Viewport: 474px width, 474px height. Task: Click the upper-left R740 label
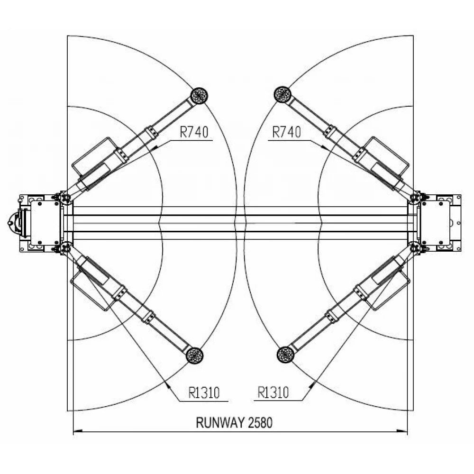[x=194, y=132]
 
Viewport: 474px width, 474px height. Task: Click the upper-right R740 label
[x=287, y=132]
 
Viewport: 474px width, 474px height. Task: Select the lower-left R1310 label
[x=204, y=393]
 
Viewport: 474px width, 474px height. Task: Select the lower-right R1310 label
[x=273, y=392]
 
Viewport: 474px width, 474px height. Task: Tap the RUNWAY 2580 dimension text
[x=234, y=423]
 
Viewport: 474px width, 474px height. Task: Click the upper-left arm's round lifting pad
[x=199, y=96]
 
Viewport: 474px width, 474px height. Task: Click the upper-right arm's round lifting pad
[x=283, y=95]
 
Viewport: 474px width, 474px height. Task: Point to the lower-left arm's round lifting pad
[x=194, y=355]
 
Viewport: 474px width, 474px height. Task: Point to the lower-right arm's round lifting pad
[x=285, y=355]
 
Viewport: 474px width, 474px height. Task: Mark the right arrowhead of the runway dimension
[x=402, y=431]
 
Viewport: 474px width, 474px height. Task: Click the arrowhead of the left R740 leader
[x=155, y=148]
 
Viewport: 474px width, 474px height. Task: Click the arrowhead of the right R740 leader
[x=324, y=147]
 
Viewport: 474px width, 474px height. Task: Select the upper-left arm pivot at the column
[x=64, y=198]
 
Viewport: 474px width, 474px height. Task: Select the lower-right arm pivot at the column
[x=415, y=249]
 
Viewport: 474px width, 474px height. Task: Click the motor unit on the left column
[x=16, y=223]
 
